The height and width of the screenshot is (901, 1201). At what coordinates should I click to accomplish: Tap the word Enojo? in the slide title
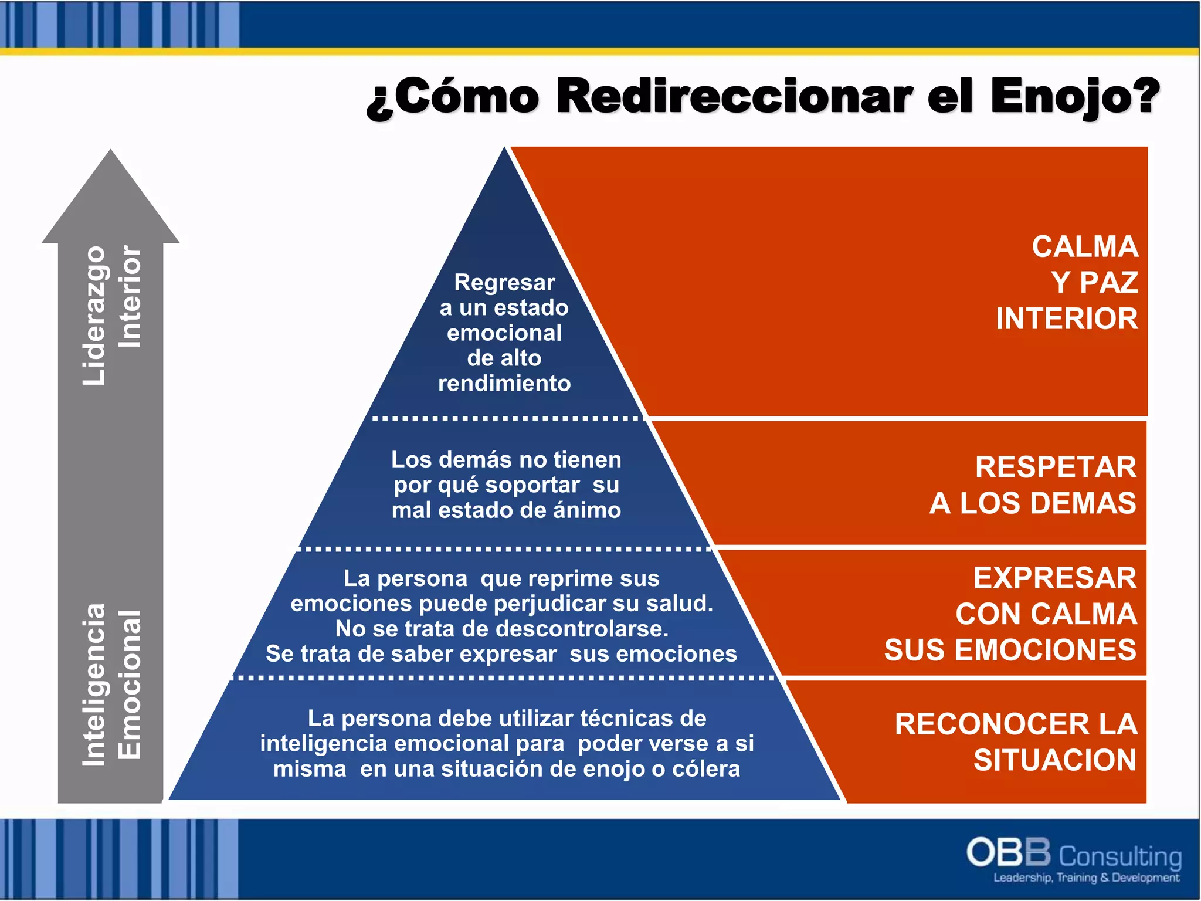coord(1075,97)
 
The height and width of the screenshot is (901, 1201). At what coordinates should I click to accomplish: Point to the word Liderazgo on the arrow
coord(94,315)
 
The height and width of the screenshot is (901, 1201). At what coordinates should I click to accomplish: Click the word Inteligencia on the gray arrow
coord(94,684)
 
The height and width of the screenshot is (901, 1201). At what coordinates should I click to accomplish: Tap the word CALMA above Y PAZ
coord(1085,246)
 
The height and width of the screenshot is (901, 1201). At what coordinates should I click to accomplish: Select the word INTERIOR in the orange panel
coord(1067,319)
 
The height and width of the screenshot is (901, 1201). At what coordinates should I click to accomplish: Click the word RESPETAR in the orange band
coord(1056,468)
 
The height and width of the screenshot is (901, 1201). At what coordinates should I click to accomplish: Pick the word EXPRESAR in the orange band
coord(1054,578)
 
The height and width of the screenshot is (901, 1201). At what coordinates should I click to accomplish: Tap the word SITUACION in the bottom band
coord(1054,760)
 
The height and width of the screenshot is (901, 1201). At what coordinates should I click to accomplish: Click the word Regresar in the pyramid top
coord(504,283)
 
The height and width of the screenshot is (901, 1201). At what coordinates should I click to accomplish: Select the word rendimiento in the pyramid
coord(504,384)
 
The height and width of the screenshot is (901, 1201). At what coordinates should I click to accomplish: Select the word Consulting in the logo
coord(1119,856)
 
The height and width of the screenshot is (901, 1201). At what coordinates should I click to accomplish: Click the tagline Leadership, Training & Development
coord(1086,878)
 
